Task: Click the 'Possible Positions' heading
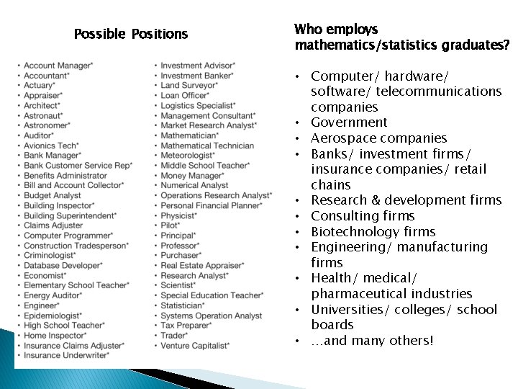(130, 34)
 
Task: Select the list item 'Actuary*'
(40, 85)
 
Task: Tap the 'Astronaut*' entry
(43, 115)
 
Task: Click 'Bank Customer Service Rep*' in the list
(78, 165)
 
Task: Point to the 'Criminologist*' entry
(50, 255)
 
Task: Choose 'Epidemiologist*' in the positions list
(53, 316)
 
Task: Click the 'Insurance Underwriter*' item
(66, 355)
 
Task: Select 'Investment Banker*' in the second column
(197, 76)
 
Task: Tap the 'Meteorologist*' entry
(188, 155)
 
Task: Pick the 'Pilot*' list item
(171, 225)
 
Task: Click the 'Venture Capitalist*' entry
(195, 346)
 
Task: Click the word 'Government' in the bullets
(349, 122)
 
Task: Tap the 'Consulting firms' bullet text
(363, 216)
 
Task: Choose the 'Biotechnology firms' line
(373, 232)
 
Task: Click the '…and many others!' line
(372, 341)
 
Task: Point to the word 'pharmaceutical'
(355, 294)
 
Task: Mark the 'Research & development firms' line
(406, 200)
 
